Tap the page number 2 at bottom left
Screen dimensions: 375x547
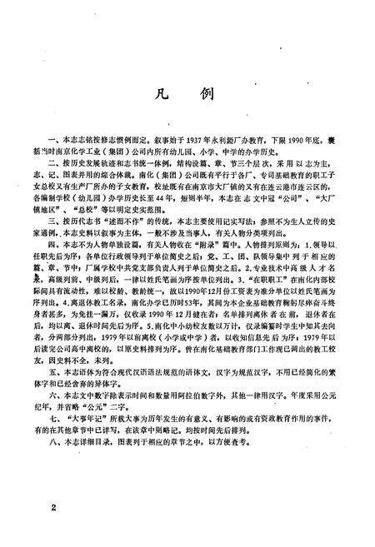pos(53,505)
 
